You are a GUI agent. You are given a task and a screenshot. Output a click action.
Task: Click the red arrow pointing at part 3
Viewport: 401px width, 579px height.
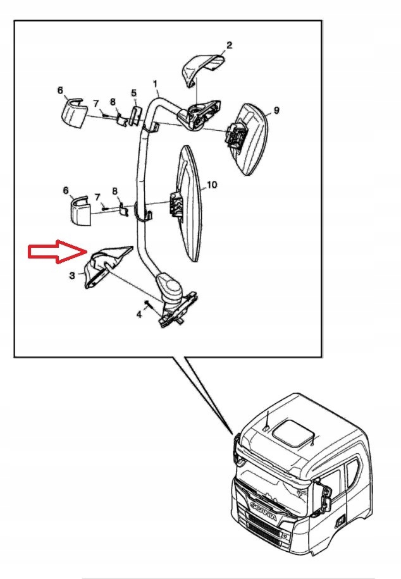(58, 252)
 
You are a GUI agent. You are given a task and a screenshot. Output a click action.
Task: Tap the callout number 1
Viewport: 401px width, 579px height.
(155, 84)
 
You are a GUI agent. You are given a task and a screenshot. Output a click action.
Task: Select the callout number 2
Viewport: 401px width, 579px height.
(229, 46)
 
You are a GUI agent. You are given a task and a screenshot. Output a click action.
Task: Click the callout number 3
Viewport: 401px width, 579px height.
(73, 276)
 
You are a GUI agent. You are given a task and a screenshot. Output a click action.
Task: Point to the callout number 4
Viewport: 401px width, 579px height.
(139, 315)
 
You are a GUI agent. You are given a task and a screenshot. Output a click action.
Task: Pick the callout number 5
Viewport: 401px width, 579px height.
(134, 93)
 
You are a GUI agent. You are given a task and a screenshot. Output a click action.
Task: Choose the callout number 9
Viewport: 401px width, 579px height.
(276, 110)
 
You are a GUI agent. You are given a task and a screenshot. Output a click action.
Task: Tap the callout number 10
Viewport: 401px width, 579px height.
(212, 185)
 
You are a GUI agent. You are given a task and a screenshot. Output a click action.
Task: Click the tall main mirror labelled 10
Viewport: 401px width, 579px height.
(190, 203)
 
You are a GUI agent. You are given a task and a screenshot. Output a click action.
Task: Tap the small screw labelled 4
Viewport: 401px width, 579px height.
(148, 304)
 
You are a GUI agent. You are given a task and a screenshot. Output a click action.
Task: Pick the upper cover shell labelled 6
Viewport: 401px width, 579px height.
(73, 113)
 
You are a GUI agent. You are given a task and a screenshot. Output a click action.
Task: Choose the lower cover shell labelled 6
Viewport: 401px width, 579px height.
(81, 211)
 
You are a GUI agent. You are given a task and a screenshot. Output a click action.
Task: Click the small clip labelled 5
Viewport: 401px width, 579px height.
(135, 114)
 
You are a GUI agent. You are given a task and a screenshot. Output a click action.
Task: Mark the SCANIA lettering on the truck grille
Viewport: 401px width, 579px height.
(264, 511)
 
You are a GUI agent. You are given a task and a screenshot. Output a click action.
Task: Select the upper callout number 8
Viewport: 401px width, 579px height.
(113, 102)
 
